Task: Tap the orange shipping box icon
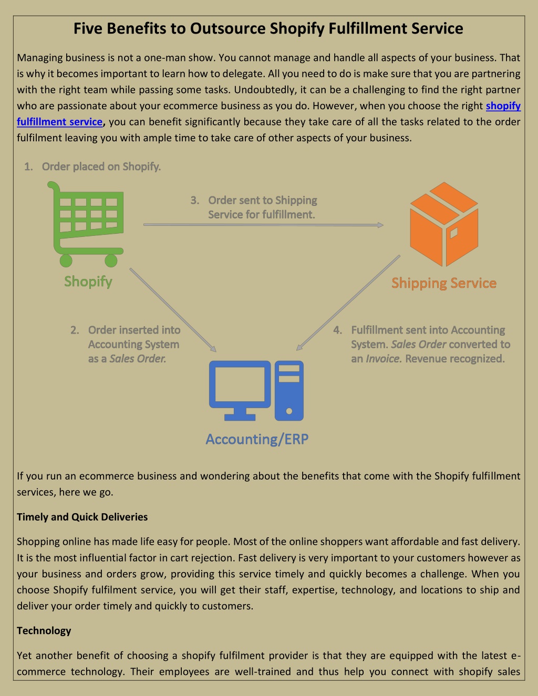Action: (x=444, y=224)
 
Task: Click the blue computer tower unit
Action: (x=289, y=390)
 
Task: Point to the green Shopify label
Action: (x=88, y=282)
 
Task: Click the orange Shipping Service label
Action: (x=444, y=283)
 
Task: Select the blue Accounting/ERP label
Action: (x=257, y=439)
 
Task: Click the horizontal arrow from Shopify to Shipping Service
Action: (x=263, y=225)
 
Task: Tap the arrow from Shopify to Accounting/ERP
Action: (x=173, y=310)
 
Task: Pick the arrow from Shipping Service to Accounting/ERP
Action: (x=348, y=303)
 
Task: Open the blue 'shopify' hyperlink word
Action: (x=503, y=106)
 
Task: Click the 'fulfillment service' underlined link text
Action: (x=59, y=122)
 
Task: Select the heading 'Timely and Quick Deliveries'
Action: (x=82, y=517)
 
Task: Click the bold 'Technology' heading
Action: (x=44, y=631)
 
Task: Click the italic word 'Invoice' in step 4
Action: (x=384, y=359)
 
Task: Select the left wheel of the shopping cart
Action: (x=66, y=261)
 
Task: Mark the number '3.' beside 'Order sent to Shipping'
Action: (x=195, y=200)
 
